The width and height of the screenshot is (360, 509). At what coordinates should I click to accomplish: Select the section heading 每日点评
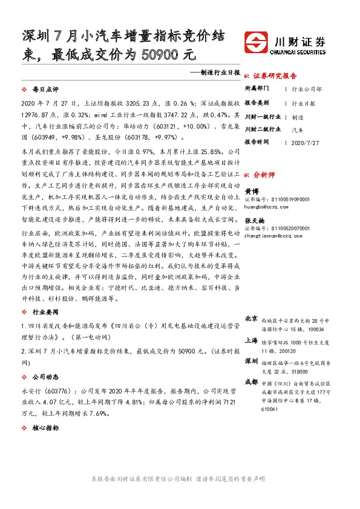coord(44,89)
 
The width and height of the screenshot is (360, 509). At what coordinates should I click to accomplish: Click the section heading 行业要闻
coord(44,312)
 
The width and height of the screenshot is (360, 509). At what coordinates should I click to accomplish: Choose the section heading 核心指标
coord(44,427)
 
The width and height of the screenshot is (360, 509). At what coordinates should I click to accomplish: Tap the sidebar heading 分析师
coord(264,173)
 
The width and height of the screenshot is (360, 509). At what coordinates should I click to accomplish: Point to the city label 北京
coord(251,318)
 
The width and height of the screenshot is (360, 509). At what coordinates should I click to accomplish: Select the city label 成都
coord(251,382)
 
